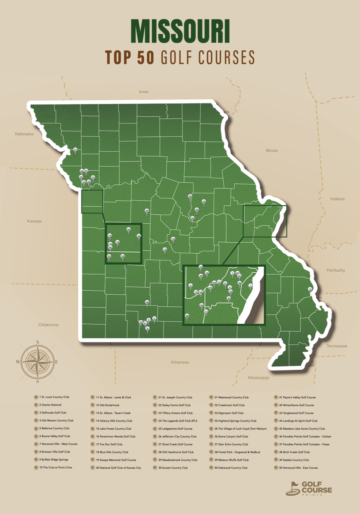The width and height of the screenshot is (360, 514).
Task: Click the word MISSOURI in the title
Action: pyautogui.click(x=180, y=32)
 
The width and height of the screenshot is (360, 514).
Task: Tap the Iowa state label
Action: pyautogui.click(x=144, y=92)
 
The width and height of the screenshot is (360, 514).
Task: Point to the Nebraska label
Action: pyautogui.click(x=24, y=134)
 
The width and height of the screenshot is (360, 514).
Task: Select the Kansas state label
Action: pyautogui.click(x=34, y=221)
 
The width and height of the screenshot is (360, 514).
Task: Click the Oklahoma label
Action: pyautogui.click(x=48, y=325)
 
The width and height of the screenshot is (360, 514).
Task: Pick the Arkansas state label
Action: pyautogui.click(x=179, y=362)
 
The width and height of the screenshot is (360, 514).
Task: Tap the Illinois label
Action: pyautogui.click(x=271, y=150)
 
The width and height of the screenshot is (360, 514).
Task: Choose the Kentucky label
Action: pyautogui.click(x=336, y=270)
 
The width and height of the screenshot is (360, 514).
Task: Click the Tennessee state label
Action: pyautogui.click(x=336, y=346)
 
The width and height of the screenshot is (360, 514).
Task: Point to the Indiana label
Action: pyautogui.click(x=337, y=199)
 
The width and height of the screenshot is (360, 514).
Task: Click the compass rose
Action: pyautogui.click(x=38, y=361)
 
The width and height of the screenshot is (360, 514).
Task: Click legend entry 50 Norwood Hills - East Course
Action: pyautogui.click(x=297, y=468)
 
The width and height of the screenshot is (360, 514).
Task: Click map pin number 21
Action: pyautogui.click(x=75, y=150)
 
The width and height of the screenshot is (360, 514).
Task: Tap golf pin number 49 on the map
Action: pyautogui.click(x=146, y=211)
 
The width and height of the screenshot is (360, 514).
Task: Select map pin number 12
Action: pyautogui.click(x=165, y=250)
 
